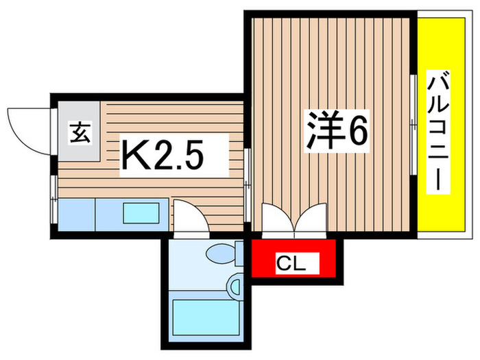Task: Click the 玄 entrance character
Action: click(x=80, y=132)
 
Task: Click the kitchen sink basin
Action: click(x=142, y=214)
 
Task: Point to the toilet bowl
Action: click(x=221, y=254)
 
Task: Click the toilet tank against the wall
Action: click(x=239, y=253)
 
